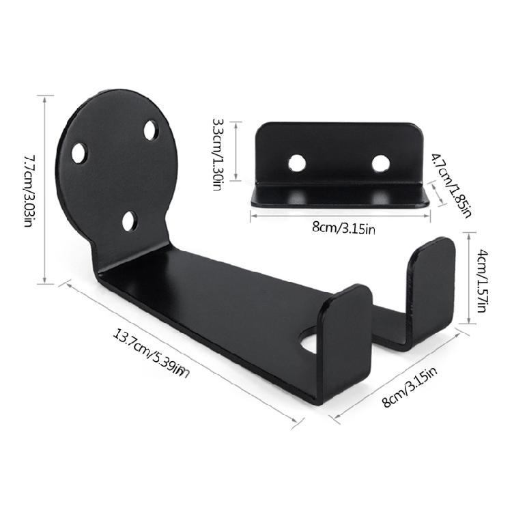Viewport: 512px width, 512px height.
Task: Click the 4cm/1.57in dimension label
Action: pos(481,281)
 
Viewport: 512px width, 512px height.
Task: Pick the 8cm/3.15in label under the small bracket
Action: pos(344,228)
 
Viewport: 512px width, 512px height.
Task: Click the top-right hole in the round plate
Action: pos(151,130)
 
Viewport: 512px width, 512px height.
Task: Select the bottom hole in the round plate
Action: pos(130,221)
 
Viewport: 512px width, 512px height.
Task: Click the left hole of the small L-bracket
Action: pos(297,162)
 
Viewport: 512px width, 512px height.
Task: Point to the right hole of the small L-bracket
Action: pos(380,162)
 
